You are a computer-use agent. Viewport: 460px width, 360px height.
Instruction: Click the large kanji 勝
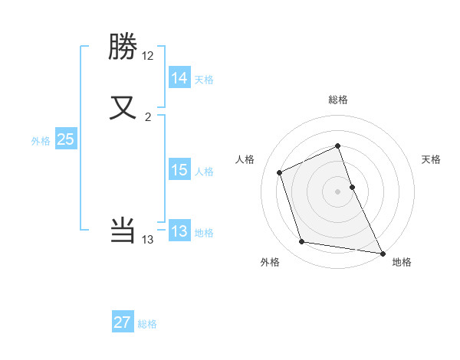click(123, 47)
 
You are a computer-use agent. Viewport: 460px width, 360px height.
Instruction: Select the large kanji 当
click(123, 230)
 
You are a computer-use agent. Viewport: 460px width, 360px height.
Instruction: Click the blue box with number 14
click(179, 78)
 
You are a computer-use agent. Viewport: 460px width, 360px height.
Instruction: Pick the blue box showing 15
click(179, 171)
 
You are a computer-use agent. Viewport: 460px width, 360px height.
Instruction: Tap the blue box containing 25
click(65, 139)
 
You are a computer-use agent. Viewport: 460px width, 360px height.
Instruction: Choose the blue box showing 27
click(123, 322)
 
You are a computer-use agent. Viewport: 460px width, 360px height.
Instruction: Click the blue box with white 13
click(179, 231)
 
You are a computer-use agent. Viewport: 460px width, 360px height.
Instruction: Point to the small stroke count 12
click(148, 56)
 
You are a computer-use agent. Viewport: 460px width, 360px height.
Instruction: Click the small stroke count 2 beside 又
click(148, 116)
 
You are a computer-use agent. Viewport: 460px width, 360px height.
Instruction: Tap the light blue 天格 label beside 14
click(204, 80)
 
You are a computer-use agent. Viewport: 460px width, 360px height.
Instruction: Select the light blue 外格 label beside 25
click(41, 141)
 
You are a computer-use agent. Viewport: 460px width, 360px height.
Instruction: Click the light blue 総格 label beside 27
click(147, 324)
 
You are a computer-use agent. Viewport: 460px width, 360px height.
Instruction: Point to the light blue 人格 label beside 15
click(204, 172)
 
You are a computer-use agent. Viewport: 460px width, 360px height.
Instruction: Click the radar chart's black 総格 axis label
click(338, 100)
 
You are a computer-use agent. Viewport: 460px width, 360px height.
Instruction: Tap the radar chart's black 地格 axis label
click(402, 262)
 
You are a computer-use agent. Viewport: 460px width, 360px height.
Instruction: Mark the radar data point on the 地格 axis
click(383, 252)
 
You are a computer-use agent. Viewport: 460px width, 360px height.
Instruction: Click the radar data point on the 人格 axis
click(281, 172)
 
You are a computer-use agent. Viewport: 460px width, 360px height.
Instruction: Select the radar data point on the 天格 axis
click(352, 186)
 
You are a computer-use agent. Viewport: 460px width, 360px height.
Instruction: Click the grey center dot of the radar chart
click(338, 191)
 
